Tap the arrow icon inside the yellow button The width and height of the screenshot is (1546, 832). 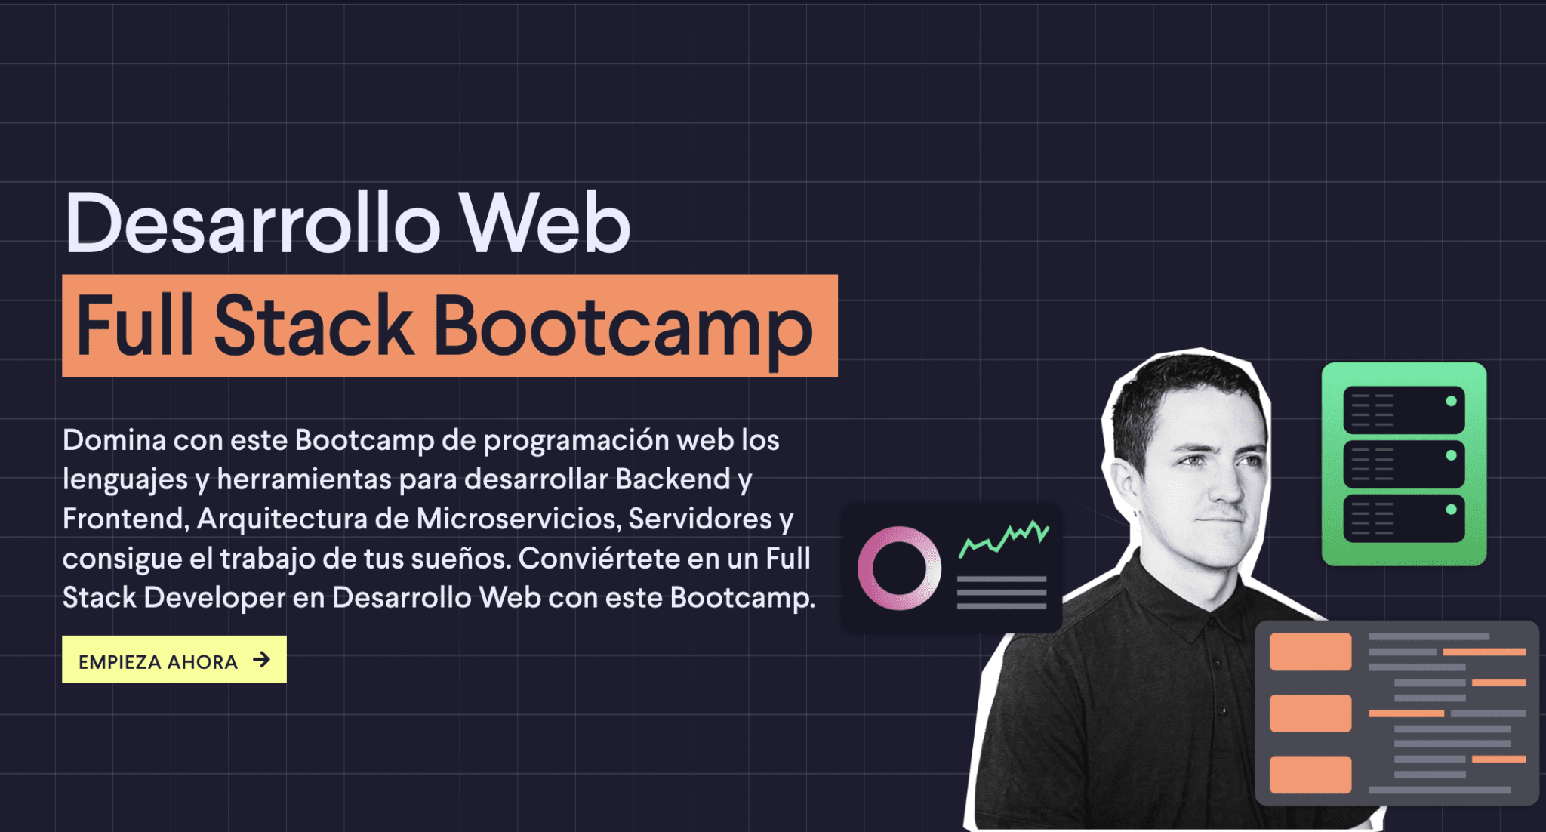pyautogui.click(x=262, y=660)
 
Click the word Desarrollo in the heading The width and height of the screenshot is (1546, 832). pyautogui.click(x=252, y=223)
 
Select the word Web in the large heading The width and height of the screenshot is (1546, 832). pyautogui.click(x=545, y=223)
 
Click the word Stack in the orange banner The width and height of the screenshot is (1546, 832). pyautogui.click(x=313, y=326)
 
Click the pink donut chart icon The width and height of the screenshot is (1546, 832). pyautogui.click(x=899, y=568)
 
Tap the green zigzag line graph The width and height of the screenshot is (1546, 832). pyautogui.click(x=1003, y=537)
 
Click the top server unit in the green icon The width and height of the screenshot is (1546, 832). pyautogui.click(x=1403, y=409)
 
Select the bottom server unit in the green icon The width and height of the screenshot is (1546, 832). pyautogui.click(x=1403, y=518)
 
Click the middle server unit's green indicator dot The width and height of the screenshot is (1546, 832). pyautogui.click(x=1451, y=455)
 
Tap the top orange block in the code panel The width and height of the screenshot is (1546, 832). pyautogui.click(x=1310, y=652)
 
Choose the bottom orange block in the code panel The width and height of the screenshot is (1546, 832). pyautogui.click(x=1310, y=774)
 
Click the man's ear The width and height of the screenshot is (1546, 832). pyautogui.click(x=1123, y=484)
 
